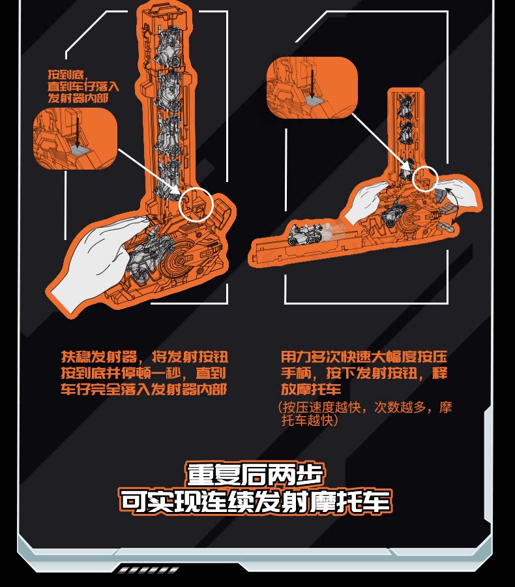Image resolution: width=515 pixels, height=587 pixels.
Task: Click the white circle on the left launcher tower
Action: pyautogui.click(x=197, y=204)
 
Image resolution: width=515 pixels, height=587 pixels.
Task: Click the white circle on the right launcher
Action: pyautogui.click(x=425, y=178)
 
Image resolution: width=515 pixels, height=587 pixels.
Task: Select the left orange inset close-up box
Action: pyautogui.click(x=74, y=138)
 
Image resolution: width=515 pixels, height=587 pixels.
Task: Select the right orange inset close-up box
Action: pyautogui.click(x=312, y=88)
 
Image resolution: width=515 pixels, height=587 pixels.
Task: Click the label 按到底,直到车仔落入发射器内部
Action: pyautogui.click(x=83, y=86)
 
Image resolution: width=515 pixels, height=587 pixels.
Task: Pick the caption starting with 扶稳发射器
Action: pyautogui.click(x=144, y=373)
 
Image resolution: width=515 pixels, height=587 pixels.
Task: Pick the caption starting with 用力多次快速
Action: pyautogui.click(x=364, y=373)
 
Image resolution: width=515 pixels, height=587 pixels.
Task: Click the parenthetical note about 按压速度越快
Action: pyautogui.click(x=365, y=414)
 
